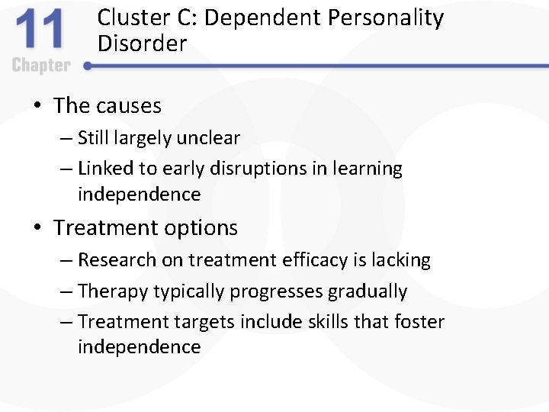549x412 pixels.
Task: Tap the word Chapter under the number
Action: point(40,65)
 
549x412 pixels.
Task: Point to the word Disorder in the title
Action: point(142,43)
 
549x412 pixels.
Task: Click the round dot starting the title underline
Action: point(87,66)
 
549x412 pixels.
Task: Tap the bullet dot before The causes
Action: point(37,106)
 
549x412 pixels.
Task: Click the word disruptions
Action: point(260,169)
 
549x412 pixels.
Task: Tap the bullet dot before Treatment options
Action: point(37,228)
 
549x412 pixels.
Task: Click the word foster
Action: point(419,322)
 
